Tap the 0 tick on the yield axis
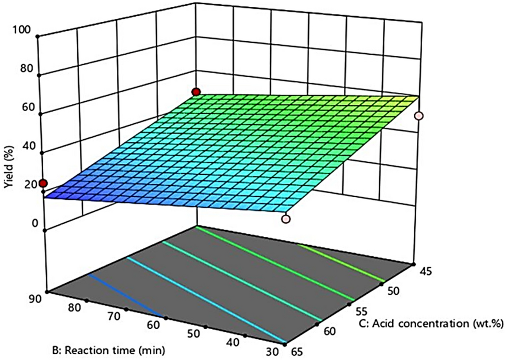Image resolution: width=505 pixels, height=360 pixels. pyautogui.click(x=35, y=223)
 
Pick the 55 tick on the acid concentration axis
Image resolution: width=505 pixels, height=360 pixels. pyautogui.click(x=362, y=311)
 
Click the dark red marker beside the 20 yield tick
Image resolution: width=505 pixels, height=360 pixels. pyautogui.click(x=43, y=183)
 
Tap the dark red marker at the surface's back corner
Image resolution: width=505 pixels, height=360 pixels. pyautogui.click(x=196, y=92)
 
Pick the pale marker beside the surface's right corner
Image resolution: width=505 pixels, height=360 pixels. pyautogui.click(x=418, y=116)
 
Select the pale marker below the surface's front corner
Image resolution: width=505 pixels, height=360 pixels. pyautogui.click(x=285, y=219)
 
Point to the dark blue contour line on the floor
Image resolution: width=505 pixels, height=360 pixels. pyautogui.click(x=125, y=296)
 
